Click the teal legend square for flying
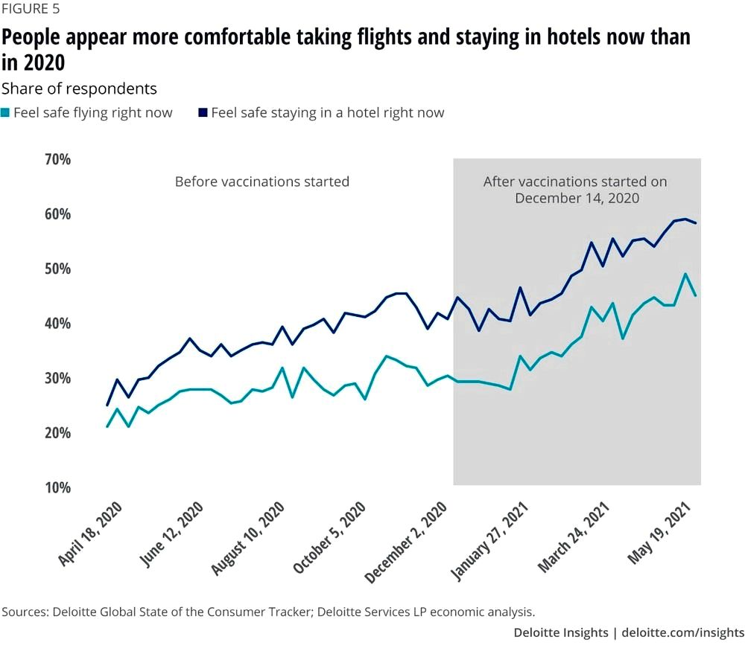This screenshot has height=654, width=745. [x=5, y=113]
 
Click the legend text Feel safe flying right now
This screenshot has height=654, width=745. [x=92, y=113]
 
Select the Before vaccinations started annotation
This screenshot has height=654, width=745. [x=261, y=182]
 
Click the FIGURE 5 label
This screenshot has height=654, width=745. [x=31, y=10]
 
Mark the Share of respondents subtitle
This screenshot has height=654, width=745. [x=79, y=89]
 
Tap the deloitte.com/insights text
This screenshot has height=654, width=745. [x=683, y=632]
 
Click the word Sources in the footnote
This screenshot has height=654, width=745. [x=23, y=612]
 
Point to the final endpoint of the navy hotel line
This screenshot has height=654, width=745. [x=696, y=222]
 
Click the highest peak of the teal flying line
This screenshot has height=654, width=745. [x=685, y=274]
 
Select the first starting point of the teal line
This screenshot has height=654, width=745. [x=107, y=426]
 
